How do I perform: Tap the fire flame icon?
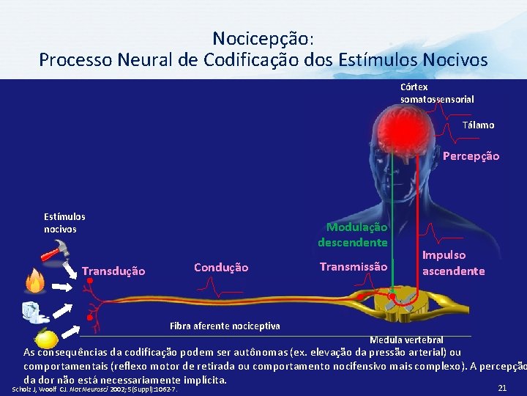click(x=35, y=280)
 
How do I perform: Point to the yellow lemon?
click(x=47, y=339)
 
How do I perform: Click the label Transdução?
click(x=113, y=271)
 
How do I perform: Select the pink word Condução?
click(x=221, y=268)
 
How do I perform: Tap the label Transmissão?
click(x=354, y=267)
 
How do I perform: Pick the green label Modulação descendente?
click(x=354, y=235)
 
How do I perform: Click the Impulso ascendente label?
click(x=453, y=263)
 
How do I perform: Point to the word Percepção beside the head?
click(x=471, y=156)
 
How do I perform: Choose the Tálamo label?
click(x=478, y=125)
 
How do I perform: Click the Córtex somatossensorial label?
click(x=437, y=92)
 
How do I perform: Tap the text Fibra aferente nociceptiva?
click(x=224, y=326)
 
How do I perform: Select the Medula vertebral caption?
click(x=406, y=340)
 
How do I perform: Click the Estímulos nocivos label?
click(x=65, y=223)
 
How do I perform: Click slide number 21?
click(x=502, y=387)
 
